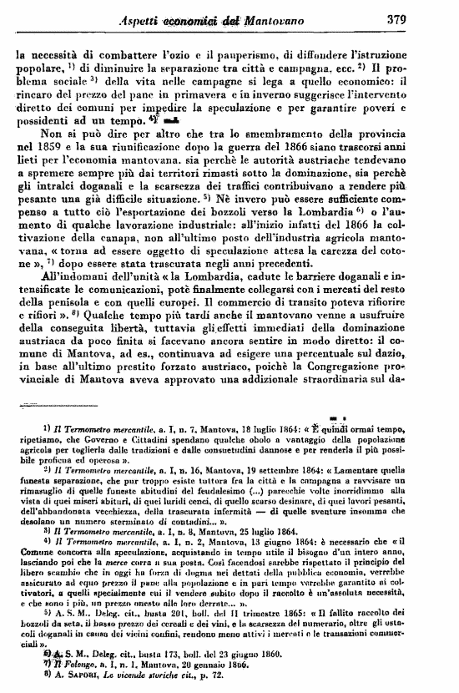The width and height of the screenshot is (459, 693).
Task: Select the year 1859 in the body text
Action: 45,154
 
